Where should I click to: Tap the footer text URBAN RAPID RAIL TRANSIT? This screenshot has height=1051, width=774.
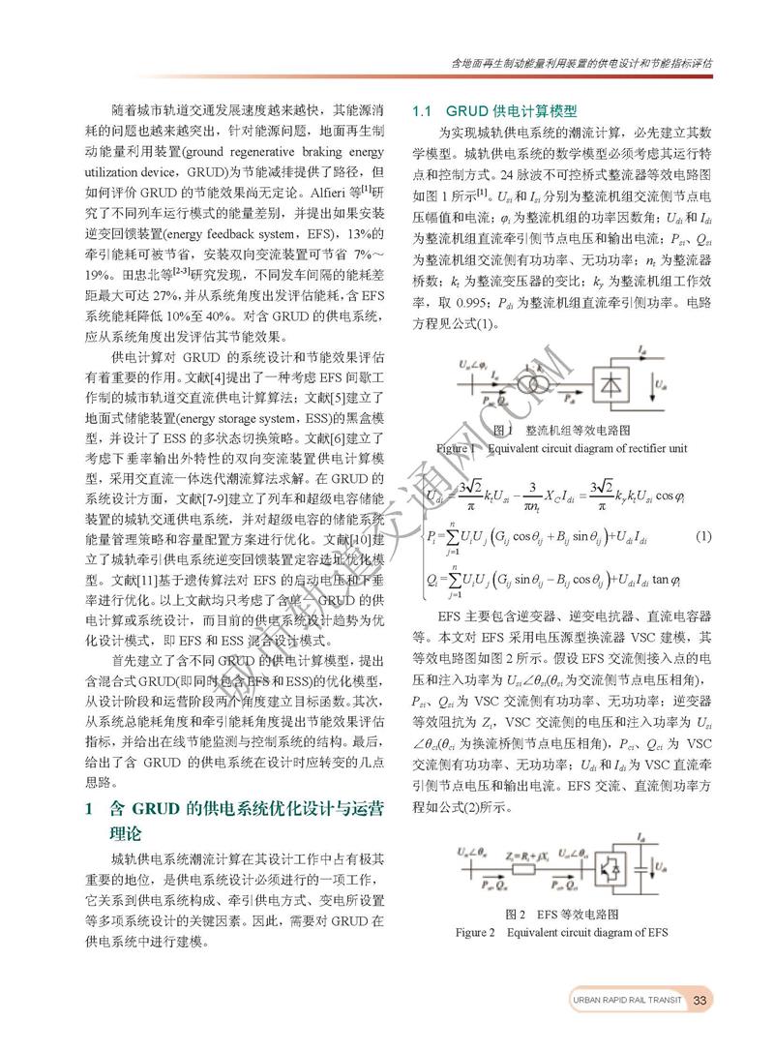tap(627, 1000)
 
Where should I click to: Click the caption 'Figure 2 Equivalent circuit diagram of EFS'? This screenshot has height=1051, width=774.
tap(562, 932)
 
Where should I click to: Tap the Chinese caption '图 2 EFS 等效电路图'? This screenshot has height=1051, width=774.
tap(561, 914)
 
